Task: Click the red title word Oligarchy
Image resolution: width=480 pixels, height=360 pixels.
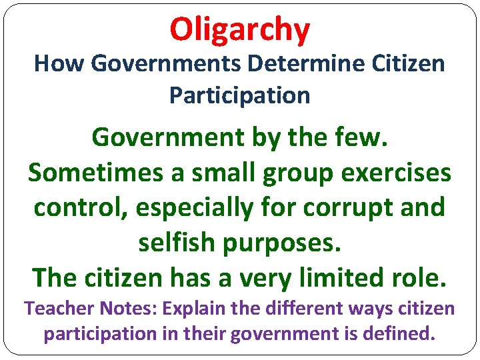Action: point(240,29)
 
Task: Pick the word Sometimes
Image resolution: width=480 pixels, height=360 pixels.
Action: point(92,172)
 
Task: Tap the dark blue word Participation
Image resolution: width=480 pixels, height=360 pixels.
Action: point(240,95)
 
